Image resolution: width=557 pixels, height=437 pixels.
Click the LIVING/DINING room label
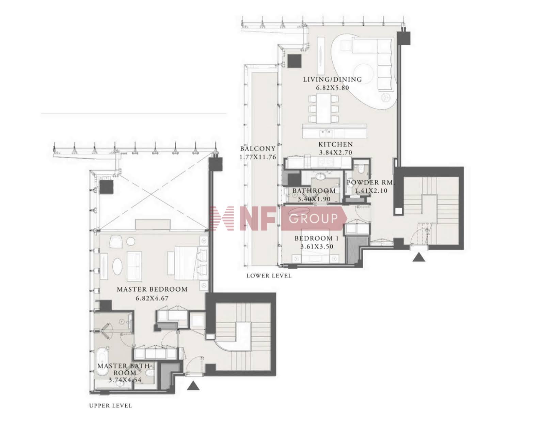(x=332, y=79)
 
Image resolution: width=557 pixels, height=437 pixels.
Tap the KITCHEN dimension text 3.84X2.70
(x=335, y=152)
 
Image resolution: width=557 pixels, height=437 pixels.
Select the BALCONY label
(x=258, y=149)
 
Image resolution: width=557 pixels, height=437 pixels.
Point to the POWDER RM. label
(x=370, y=183)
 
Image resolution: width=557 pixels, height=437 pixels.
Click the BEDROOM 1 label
(x=317, y=238)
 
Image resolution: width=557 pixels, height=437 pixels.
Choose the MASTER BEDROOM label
(x=152, y=289)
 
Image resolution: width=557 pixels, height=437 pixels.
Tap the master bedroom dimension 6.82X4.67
(x=152, y=298)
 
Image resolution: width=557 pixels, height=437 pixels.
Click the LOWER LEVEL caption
(x=269, y=276)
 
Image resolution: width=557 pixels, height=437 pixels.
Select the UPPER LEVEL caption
(x=110, y=406)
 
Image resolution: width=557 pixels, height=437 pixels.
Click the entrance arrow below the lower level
(x=419, y=257)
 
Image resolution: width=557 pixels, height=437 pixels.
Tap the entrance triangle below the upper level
(x=193, y=386)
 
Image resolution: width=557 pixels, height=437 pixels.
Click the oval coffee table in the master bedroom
(x=117, y=266)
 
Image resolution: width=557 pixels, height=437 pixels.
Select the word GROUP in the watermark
(x=313, y=218)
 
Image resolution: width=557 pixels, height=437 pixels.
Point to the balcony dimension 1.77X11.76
(x=258, y=157)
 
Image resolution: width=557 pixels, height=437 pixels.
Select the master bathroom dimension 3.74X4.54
(x=125, y=379)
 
